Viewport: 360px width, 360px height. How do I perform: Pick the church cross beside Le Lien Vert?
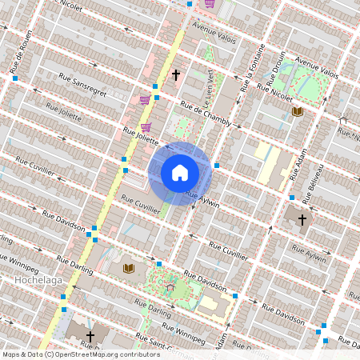click(175, 75)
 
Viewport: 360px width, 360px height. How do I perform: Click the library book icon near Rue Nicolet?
click(298, 112)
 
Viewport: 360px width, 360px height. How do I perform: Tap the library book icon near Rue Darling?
click(129, 268)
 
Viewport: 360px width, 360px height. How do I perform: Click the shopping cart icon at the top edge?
click(209, 3)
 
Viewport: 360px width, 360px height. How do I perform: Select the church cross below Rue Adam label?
click(302, 219)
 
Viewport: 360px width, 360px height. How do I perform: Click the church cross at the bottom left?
click(90, 337)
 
